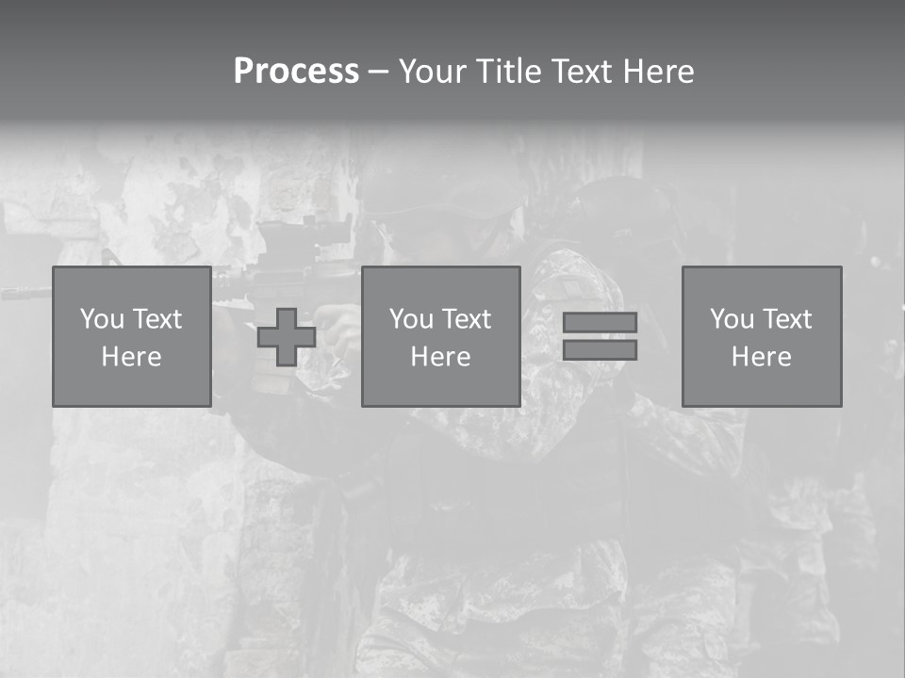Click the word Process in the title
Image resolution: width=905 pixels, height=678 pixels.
point(296,72)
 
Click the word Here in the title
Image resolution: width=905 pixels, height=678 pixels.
point(659,72)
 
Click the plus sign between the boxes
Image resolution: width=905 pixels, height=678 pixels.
point(287,337)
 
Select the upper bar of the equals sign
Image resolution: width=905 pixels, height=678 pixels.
point(600,322)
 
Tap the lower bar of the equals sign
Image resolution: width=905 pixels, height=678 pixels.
point(600,350)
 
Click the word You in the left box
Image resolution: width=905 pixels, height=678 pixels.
point(102,319)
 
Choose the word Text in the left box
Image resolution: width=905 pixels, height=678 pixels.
point(156,319)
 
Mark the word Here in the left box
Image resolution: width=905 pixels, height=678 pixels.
point(131,357)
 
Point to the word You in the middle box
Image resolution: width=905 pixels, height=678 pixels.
point(411,319)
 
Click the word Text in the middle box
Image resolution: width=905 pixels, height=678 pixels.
point(465,319)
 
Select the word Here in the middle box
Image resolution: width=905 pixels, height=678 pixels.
point(440,357)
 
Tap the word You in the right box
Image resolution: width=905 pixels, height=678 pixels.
point(732,319)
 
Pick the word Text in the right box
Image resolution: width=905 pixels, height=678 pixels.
point(785,319)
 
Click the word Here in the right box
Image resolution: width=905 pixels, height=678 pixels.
point(761,357)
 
